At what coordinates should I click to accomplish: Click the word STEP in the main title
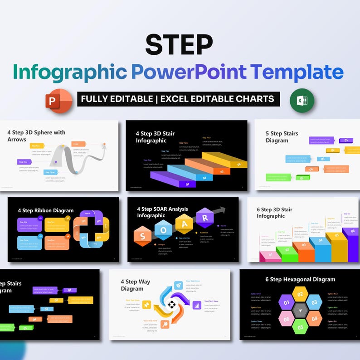[179, 44]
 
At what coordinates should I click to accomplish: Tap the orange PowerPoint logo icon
[59, 100]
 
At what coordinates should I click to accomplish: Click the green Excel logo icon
[302, 101]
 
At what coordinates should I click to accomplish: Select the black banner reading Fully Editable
[178, 99]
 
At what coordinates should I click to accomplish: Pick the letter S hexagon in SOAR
[142, 236]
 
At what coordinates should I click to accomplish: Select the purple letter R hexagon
[204, 218]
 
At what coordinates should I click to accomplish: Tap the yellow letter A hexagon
[184, 224]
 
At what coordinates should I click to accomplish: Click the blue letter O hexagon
[163, 230]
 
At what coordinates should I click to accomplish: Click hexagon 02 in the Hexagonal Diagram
[300, 294]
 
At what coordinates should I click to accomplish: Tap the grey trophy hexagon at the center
[300, 311]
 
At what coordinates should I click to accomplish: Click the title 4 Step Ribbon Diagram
[45, 210]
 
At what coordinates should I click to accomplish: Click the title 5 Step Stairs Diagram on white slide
[282, 137]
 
